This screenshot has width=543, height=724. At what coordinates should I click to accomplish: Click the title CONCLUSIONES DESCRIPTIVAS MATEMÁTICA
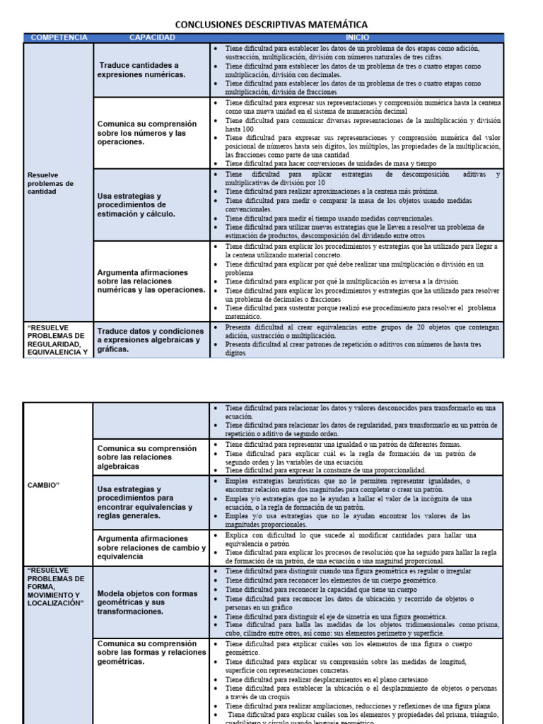point(271,25)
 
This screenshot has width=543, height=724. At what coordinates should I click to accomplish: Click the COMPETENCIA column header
point(60,37)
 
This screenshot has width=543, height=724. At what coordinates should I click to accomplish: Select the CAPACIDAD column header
point(152,37)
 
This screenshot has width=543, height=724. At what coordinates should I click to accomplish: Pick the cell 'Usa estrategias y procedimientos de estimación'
point(136,205)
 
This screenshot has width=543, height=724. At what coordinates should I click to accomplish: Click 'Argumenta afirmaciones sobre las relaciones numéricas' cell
point(151,281)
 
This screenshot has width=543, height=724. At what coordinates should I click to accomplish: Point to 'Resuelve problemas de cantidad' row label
point(50,182)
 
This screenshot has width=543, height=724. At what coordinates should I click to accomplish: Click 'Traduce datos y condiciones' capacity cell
point(149,339)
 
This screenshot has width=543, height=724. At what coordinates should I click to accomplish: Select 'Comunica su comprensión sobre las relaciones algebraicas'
point(147,457)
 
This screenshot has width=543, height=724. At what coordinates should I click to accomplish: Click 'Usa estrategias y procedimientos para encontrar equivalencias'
point(145,502)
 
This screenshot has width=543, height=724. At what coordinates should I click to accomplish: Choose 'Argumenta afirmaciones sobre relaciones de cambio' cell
point(151,547)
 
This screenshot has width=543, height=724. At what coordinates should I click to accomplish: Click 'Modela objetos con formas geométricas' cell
point(147,602)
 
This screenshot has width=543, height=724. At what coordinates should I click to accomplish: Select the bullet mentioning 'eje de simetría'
point(335,617)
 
